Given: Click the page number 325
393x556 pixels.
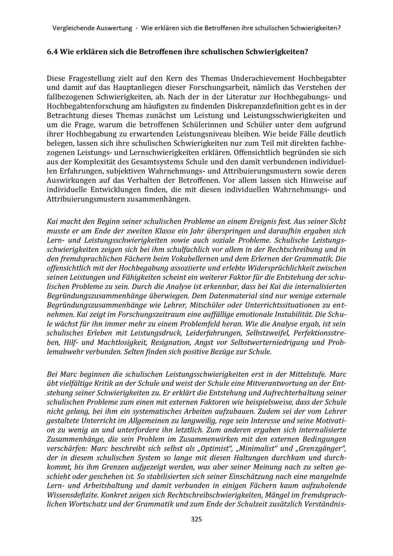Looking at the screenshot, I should pyautogui.click(x=196, y=519).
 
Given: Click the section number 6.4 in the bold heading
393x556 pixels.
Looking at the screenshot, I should pyautogui.click(x=52, y=51).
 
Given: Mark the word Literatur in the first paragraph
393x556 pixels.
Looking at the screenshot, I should pyautogui.click(x=237, y=97).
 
